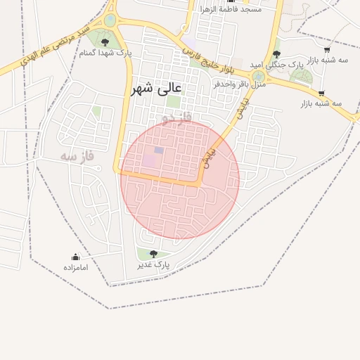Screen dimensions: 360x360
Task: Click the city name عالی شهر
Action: pos(156,89)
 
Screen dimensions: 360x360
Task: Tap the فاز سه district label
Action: pos(77,155)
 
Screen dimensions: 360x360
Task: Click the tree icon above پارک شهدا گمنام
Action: pos(105,42)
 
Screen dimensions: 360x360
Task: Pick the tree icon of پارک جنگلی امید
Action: pos(276,54)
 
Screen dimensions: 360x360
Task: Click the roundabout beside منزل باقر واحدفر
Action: pos(259,75)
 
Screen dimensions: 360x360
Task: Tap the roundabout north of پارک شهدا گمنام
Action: pos(110,20)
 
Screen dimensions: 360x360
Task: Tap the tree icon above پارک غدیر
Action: pos(153,254)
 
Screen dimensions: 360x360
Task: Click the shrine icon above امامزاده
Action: pos(75,257)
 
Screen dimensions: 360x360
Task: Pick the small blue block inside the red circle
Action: pos(159,150)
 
